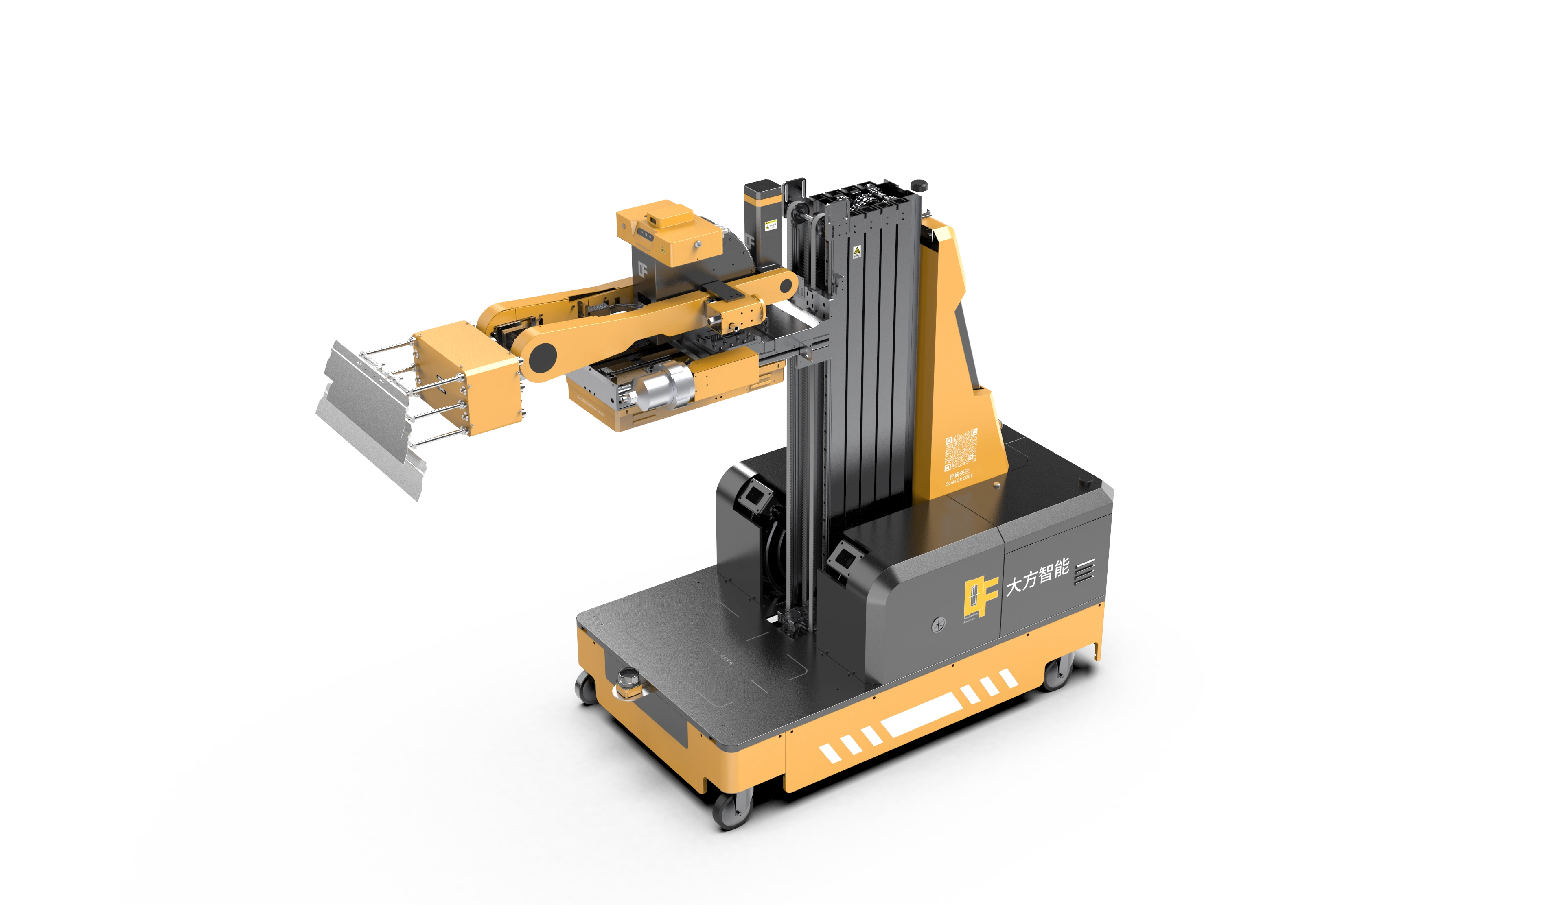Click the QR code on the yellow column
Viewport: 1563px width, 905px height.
[961, 449]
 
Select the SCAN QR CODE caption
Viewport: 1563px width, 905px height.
[959, 480]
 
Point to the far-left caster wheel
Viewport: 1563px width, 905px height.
[586, 687]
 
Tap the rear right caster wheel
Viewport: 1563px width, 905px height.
[1056, 673]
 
